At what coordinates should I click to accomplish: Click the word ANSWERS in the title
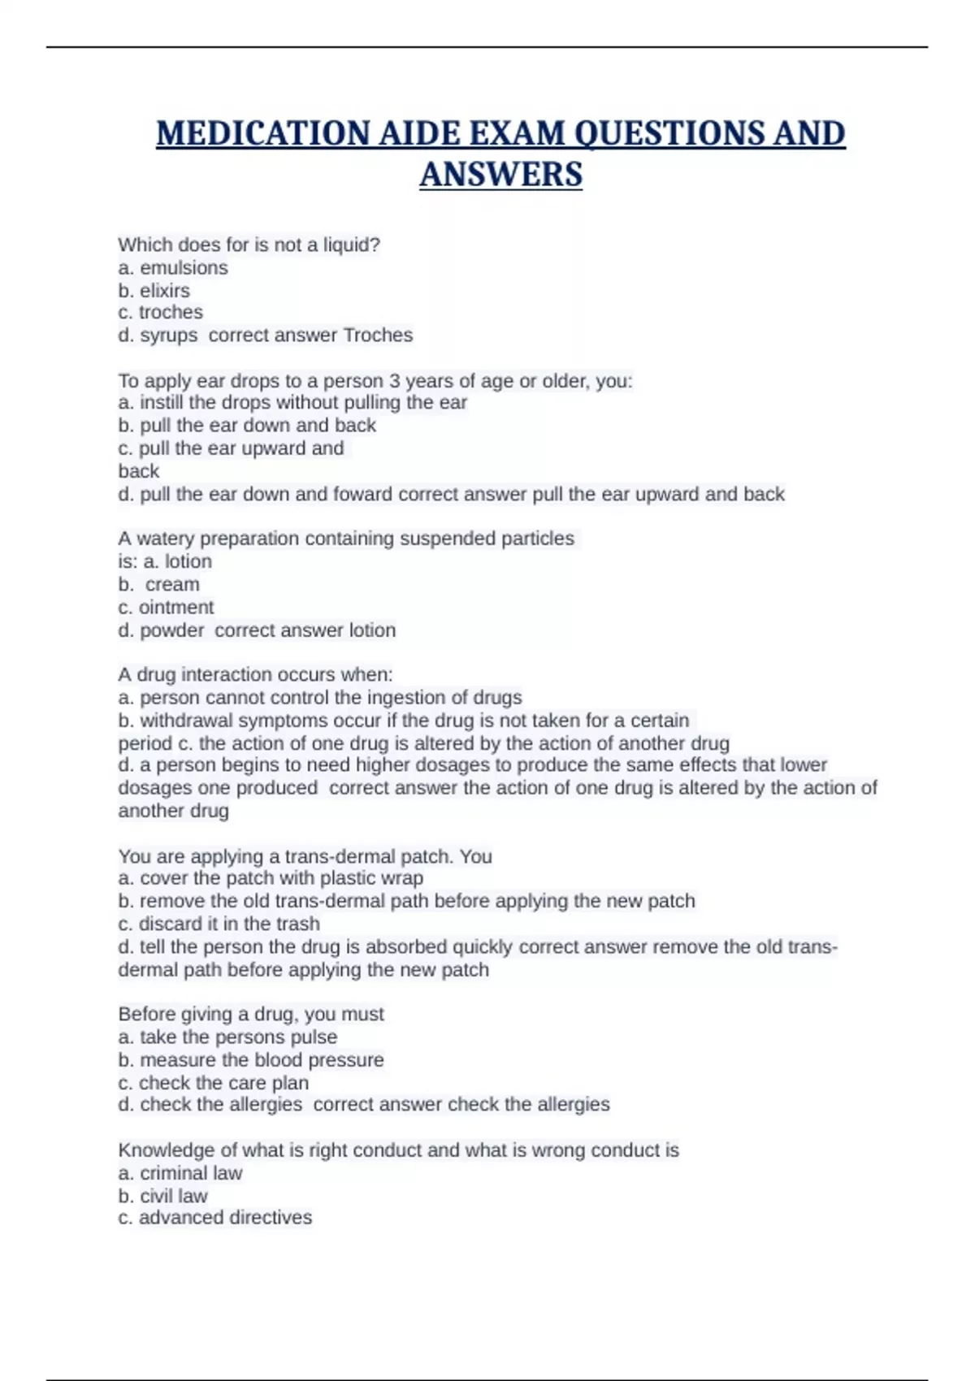[500, 175]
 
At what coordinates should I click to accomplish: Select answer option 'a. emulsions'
[173, 268]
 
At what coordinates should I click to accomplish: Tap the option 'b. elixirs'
[154, 291]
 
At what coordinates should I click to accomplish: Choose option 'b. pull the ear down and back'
[247, 426]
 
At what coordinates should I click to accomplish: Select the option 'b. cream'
[159, 584]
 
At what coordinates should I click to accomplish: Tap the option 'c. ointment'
[166, 608]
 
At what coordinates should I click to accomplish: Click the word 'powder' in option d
[172, 630]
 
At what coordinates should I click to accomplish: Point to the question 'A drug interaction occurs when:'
[255, 674]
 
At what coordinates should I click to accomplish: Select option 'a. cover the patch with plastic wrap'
[271, 878]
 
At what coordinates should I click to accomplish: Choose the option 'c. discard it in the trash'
[219, 924]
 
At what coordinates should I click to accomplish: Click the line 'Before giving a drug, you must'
[251, 1014]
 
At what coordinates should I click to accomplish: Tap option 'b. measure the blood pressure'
[251, 1060]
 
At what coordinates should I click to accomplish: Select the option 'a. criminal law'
[180, 1173]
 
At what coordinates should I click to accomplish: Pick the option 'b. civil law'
[162, 1196]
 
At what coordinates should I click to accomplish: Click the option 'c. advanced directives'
[214, 1218]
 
